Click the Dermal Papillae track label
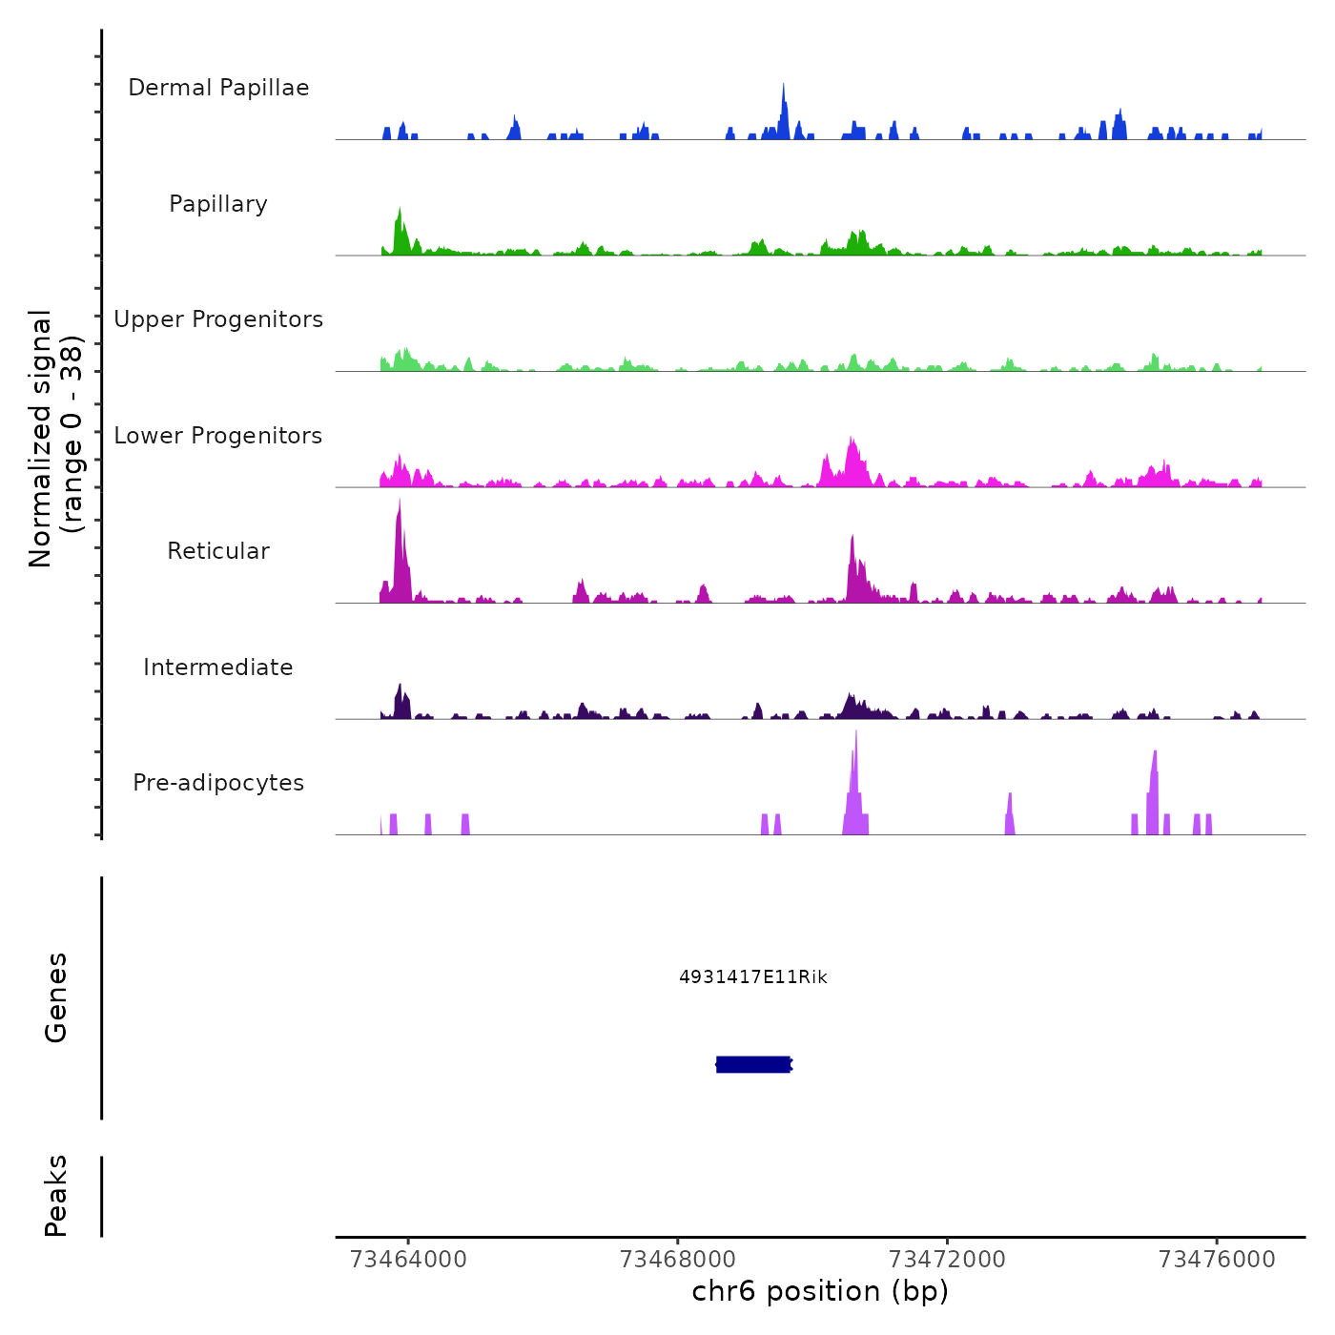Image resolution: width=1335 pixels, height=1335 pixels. pos(218,88)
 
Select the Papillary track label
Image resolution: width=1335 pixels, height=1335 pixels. pos(218,204)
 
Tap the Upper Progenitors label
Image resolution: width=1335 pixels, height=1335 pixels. pos(218,319)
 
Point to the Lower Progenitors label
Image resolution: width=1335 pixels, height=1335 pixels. pos(218,436)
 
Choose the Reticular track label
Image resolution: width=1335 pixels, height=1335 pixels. pos(218,551)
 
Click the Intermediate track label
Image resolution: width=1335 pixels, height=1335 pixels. pos(218,667)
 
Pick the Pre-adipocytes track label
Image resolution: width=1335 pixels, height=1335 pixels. pos(218,783)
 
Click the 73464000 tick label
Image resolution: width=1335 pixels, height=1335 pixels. pos(408,1260)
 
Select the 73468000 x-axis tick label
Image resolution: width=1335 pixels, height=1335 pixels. pos(678,1260)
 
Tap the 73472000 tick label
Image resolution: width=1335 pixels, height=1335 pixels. pos(947,1260)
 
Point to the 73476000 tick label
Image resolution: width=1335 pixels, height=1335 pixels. pos(1217,1260)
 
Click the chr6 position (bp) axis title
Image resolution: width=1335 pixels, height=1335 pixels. pos(820,1292)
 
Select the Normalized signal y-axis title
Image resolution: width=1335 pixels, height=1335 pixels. pos(55,439)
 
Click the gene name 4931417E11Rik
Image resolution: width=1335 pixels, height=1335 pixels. pos(753,977)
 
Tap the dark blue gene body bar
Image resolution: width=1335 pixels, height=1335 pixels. pos(753,1064)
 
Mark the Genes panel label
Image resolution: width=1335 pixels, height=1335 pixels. pos(56,997)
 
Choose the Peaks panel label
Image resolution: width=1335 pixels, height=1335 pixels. pos(56,1196)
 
